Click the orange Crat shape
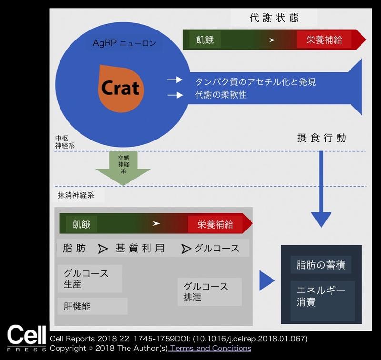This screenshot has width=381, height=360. (x=120, y=88)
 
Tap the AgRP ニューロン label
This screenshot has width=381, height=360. (x=124, y=44)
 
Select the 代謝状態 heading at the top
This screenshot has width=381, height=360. (x=273, y=18)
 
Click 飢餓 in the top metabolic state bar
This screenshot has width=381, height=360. (x=205, y=40)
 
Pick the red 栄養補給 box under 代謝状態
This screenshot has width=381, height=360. (x=324, y=40)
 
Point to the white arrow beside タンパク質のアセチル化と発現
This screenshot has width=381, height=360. (x=175, y=80)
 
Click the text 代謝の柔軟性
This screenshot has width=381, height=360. (x=221, y=95)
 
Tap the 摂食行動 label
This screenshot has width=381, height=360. (x=321, y=139)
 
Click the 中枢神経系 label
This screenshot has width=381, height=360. (x=64, y=142)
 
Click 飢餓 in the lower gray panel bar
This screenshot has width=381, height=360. (x=81, y=224)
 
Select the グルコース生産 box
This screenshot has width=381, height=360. (x=89, y=279)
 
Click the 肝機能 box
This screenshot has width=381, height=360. (x=92, y=306)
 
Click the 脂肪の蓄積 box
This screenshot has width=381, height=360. (x=321, y=264)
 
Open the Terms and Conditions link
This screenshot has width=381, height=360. (x=210, y=348)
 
